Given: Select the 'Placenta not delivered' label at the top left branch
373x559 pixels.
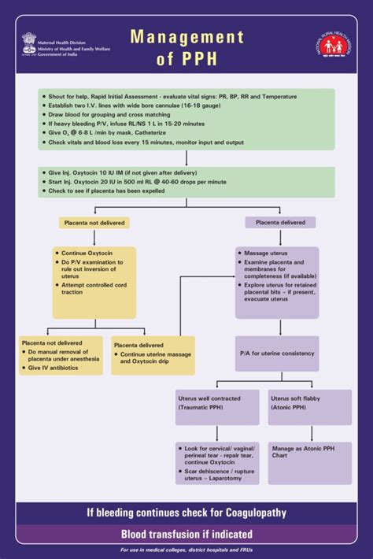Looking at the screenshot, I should [94, 223].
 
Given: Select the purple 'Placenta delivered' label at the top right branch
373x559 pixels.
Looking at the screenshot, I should [279, 223].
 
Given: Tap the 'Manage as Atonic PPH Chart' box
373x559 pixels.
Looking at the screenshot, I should [309, 451].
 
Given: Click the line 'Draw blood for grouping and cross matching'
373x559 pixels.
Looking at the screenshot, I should [114, 113].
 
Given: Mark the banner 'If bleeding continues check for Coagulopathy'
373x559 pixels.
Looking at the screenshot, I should [186, 513].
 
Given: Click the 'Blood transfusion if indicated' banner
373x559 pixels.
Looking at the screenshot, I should [186, 534].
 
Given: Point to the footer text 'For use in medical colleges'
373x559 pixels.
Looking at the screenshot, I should [186, 550].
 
